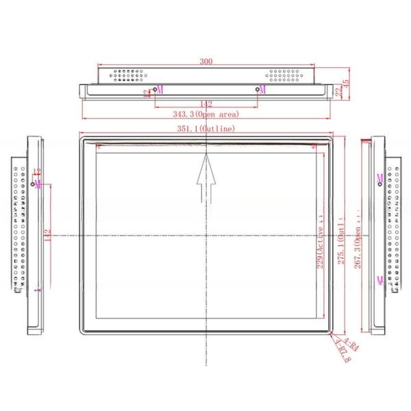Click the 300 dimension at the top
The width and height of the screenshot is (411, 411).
click(x=206, y=61)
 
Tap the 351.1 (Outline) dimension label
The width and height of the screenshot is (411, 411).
click(x=206, y=128)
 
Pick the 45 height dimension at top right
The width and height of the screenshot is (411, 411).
click(x=347, y=83)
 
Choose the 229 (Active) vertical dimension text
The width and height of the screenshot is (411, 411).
click(x=319, y=243)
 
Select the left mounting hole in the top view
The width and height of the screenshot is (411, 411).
click(x=154, y=90)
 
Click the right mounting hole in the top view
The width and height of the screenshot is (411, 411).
click(x=258, y=90)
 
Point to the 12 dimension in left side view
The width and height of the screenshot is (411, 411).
click(x=37, y=171)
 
